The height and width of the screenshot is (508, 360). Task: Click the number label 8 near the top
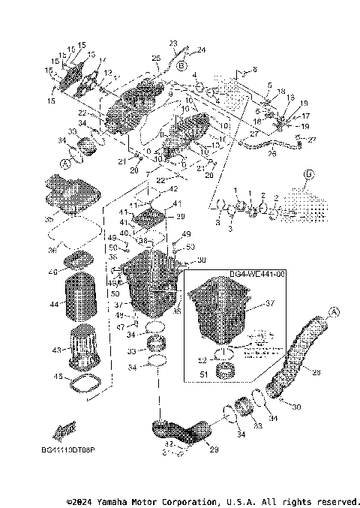254,70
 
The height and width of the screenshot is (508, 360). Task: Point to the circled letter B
181,66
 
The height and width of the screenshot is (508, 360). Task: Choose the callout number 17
305,116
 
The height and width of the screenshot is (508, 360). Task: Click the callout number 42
173,189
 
